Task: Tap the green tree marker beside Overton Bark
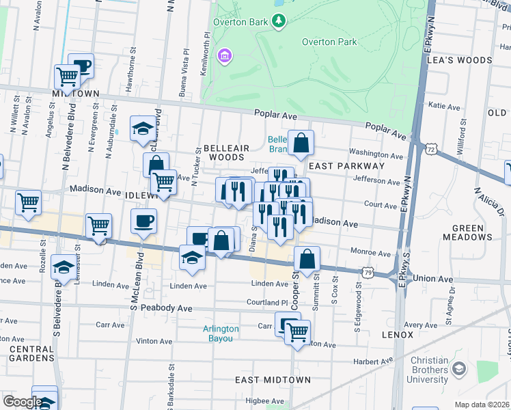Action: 279,21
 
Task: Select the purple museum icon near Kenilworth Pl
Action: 223,55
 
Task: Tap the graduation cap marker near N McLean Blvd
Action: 143,129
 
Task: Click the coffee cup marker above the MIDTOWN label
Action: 81,66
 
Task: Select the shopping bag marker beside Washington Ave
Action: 301,143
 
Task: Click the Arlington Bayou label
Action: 221,333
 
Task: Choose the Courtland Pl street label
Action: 266,302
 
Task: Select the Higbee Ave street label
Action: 264,401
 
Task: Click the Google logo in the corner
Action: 22,402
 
